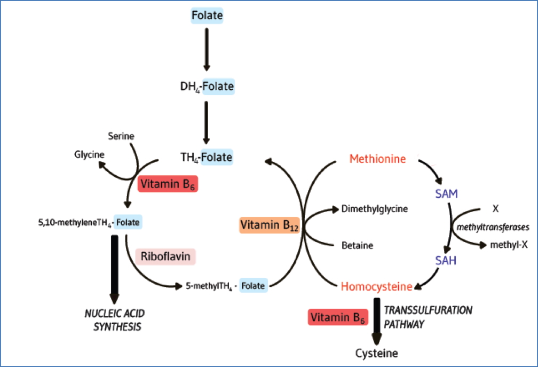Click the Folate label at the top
coord(207,15)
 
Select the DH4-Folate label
coord(207,86)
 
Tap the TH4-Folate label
coord(207,157)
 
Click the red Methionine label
coord(377,159)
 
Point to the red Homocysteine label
coord(376,287)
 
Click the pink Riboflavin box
coord(165,256)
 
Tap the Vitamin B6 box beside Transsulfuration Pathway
coord(338,318)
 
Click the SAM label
coord(446,194)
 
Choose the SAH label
coord(446,261)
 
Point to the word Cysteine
coord(377,353)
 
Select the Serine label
coord(121,137)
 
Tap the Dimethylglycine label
coord(375,209)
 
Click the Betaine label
coord(357,246)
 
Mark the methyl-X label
coord(509,245)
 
